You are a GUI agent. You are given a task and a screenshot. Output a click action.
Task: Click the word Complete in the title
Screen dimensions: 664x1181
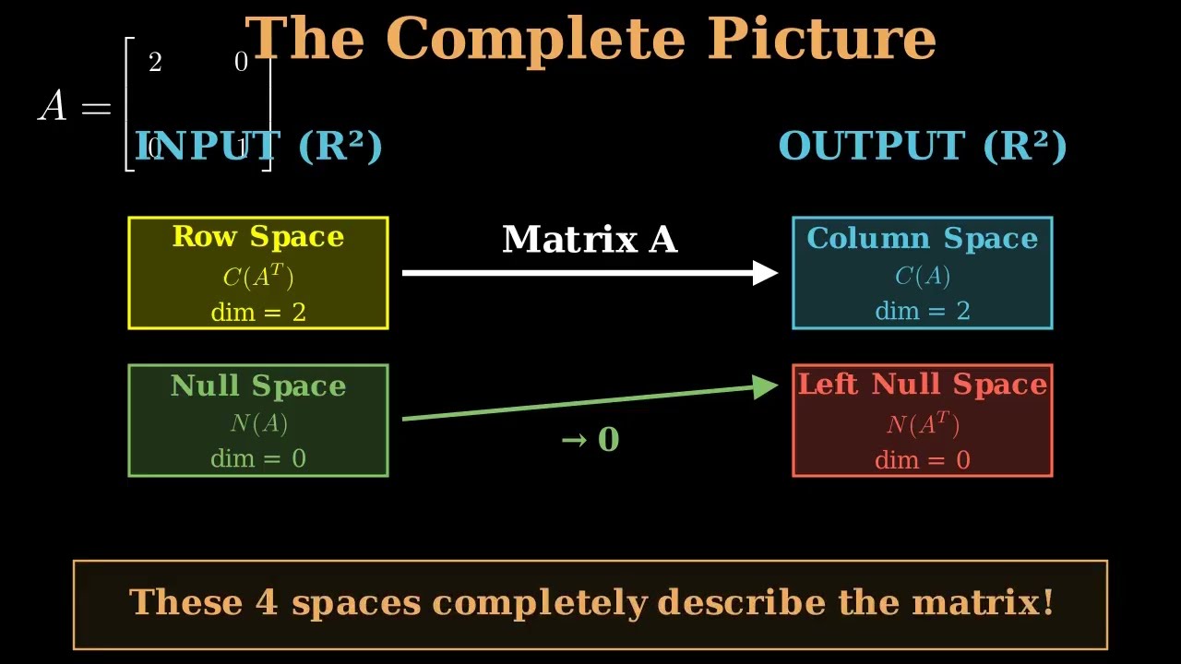tap(541, 40)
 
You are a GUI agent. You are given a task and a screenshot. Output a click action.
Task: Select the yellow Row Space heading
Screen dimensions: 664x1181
tap(258, 237)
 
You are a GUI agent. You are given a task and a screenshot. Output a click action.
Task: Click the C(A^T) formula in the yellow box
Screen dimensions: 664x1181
tap(258, 275)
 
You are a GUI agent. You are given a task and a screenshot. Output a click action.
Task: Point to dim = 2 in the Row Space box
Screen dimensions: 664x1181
tap(258, 312)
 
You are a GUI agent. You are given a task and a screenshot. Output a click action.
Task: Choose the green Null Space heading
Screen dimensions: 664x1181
tap(258, 385)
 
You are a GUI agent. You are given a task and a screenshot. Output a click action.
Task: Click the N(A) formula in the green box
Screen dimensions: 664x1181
tap(258, 423)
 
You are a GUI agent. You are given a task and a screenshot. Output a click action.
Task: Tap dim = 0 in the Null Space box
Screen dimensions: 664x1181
tap(258, 458)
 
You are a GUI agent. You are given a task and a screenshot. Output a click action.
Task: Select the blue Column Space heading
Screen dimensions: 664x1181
tap(923, 238)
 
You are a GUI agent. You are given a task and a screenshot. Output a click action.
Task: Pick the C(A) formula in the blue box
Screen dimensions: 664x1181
tap(923, 275)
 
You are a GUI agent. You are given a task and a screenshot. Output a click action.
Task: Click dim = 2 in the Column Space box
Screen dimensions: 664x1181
tap(923, 311)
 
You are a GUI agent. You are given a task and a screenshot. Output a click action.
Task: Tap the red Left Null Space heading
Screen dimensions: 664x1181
tap(923, 385)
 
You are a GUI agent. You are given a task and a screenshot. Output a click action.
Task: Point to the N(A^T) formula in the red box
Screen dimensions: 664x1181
tap(923, 424)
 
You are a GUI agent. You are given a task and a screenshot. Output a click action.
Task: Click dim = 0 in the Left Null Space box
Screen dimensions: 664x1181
tap(923, 459)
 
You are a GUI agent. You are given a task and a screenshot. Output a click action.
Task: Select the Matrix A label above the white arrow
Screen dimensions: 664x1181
tap(590, 240)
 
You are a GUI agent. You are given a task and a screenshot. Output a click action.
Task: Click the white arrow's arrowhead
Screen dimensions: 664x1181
tap(766, 273)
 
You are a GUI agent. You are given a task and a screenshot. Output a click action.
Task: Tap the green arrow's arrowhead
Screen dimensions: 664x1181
tap(766, 386)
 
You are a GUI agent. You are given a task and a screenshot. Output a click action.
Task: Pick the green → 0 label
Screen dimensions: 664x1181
tap(590, 439)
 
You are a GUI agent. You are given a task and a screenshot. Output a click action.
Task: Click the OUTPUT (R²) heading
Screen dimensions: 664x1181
tap(923, 147)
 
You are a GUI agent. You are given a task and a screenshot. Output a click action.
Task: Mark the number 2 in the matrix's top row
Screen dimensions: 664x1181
tap(155, 63)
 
